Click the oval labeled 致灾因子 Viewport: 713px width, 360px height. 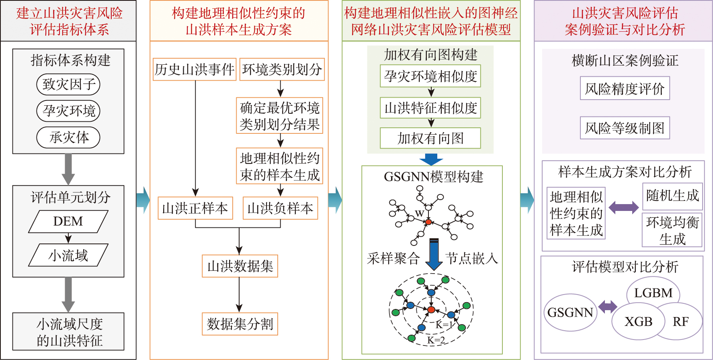tap(68, 84)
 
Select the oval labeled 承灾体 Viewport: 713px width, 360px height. tap(68, 137)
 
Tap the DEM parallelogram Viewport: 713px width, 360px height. tap(68, 221)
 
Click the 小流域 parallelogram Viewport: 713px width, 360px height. tap(68, 255)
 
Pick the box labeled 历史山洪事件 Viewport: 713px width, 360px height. tap(195, 70)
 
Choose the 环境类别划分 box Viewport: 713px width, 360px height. tap(282, 70)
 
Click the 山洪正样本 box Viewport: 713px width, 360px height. tap(195, 208)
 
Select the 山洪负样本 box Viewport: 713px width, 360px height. tap(280, 208)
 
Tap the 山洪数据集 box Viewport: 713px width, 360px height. tap(240, 266)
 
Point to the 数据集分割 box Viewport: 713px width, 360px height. tap(240, 324)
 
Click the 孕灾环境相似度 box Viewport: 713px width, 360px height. tap(430, 76)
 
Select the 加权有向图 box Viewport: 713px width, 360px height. tap(430, 138)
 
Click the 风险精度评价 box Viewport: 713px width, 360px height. tap(625, 88)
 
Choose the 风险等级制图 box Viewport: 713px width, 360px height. tap(625, 128)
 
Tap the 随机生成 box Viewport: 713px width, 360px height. tap(672, 196)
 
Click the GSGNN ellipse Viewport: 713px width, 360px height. tap(570, 312)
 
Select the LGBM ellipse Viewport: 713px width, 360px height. tap(653, 292)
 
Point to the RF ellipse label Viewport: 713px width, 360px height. tap(680, 321)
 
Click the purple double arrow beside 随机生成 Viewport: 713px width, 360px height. tap(623, 207)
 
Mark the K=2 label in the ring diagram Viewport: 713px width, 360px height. tap(436, 340)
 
